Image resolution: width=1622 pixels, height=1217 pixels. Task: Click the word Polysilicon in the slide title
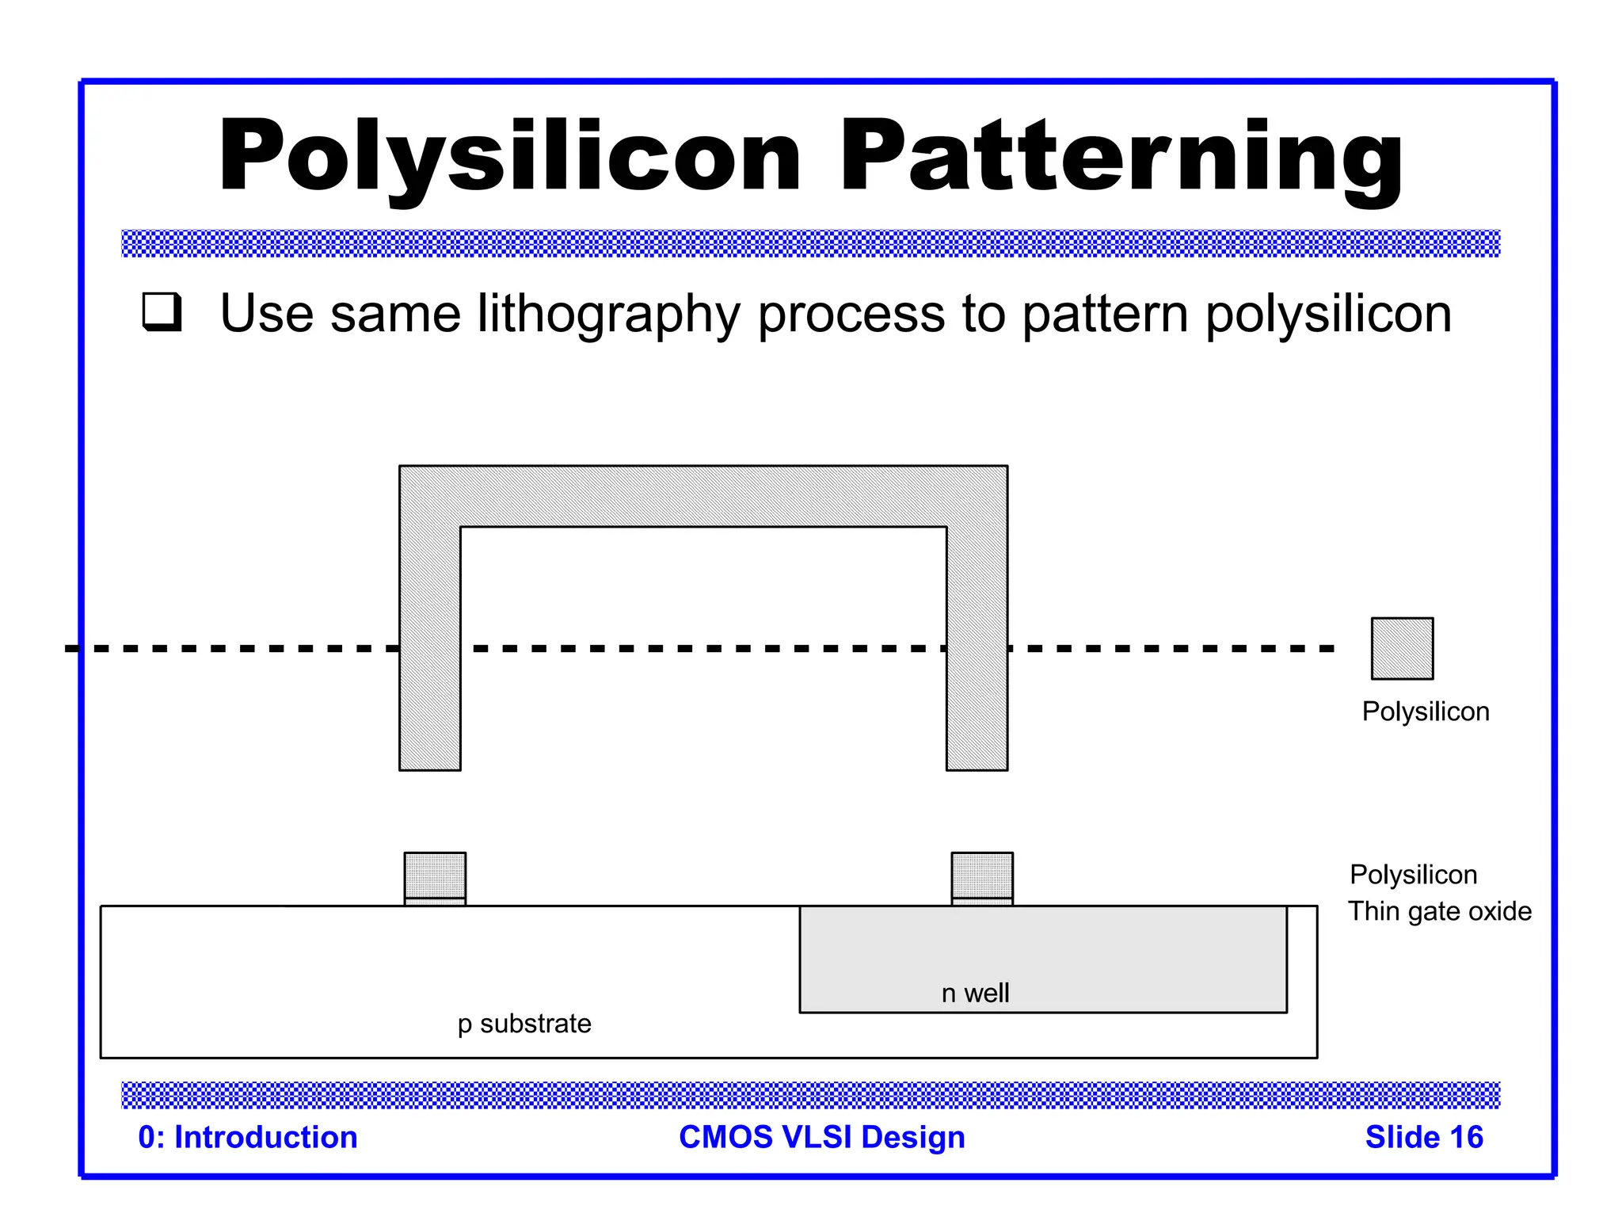511,156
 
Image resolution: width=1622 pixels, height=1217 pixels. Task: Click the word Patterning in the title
1121,156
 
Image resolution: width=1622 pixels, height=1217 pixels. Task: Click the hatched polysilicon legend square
1402,648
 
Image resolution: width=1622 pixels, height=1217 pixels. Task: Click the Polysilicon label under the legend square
1426,712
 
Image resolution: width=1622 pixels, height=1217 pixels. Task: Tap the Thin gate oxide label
1439,911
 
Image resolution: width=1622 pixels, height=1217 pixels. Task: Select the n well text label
975,993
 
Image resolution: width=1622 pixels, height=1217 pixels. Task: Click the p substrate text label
524,1024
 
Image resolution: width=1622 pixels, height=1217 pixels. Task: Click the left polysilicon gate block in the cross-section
435,875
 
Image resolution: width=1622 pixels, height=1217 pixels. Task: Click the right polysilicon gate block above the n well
982,875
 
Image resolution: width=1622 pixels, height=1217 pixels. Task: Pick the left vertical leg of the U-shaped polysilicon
430,650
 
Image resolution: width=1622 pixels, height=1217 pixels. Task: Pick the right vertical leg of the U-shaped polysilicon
977,650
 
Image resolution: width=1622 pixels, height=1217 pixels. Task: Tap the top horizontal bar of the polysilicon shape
703,496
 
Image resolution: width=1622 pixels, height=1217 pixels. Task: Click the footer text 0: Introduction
248,1137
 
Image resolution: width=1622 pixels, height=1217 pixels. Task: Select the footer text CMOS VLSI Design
822,1137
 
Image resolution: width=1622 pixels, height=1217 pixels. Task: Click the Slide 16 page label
1423,1137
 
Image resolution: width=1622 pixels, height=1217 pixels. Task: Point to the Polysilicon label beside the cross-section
1413,875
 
